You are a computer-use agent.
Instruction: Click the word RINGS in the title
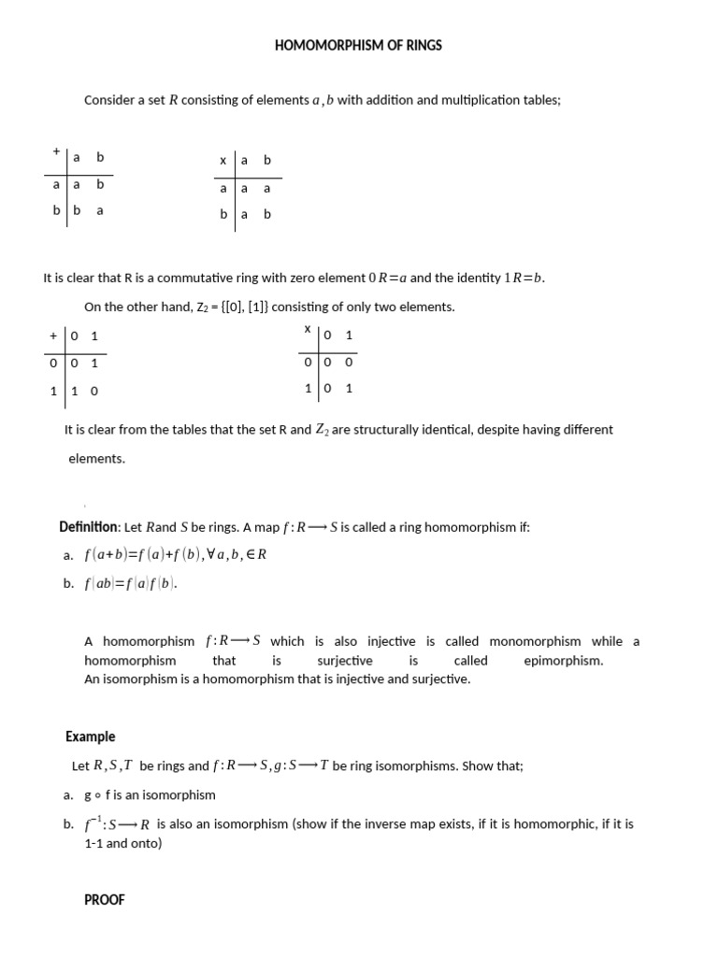423,45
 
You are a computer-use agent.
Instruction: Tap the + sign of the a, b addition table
56,150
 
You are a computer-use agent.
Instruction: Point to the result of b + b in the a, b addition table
100,210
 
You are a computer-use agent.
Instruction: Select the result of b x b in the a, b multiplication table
267,213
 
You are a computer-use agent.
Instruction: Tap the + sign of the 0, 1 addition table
54,336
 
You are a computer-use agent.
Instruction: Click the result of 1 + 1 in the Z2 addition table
93,391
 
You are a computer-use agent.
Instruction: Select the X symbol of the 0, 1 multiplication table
307,329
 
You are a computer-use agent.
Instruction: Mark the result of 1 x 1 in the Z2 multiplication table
349,388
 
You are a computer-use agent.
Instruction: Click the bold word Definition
89,527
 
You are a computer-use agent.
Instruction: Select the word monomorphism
539,641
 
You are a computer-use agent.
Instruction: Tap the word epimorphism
564,660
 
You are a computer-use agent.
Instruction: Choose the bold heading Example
91,736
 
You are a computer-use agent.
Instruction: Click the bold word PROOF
105,900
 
